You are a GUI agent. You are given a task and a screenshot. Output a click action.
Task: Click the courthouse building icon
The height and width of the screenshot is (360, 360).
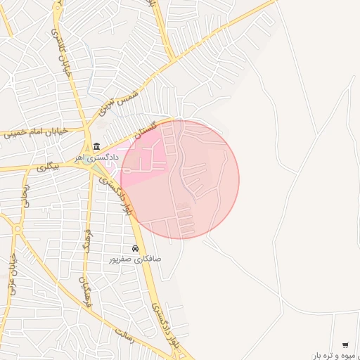96,146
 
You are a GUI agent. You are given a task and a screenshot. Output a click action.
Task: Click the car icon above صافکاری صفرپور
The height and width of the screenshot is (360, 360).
135,248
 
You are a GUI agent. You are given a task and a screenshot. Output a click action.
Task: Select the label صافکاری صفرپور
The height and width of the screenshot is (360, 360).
134,259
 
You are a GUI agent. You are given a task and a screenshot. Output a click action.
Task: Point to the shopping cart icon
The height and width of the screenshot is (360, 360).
345,345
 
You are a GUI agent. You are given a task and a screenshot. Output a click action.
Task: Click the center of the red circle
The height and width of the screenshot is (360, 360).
180,179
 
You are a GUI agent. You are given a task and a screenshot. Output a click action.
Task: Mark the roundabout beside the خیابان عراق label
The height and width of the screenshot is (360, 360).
17,229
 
